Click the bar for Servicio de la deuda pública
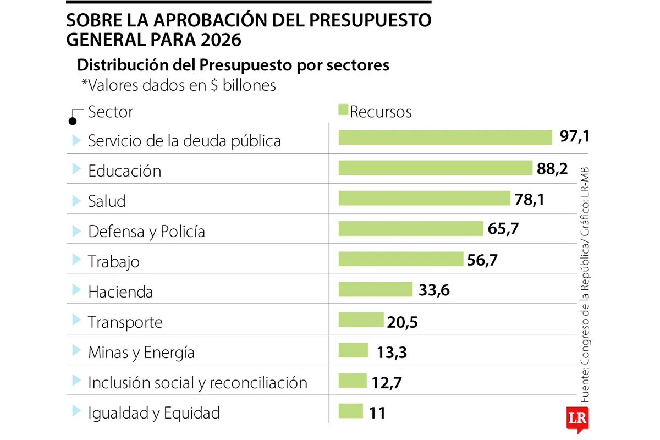click(x=445, y=137)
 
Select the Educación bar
click(x=435, y=168)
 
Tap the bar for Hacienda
click(x=375, y=289)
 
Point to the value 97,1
click(x=575, y=137)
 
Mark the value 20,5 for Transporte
click(x=402, y=322)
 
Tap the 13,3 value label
click(x=392, y=352)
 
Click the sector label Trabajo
click(x=114, y=261)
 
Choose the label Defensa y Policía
click(x=146, y=231)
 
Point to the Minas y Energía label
click(x=141, y=352)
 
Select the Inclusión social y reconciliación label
click(x=197, y=382)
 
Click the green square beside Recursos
click(x=343, y=110)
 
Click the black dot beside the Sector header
click(x=72, y=121)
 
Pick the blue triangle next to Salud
click(x=76, y=200)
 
